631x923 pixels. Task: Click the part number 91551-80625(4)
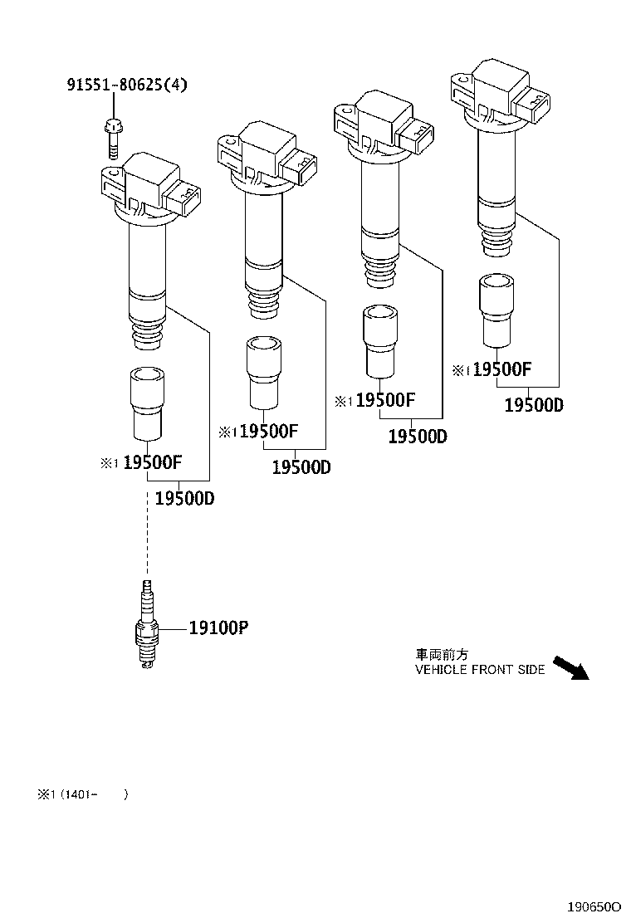pyautogui.click(x=127, y=84)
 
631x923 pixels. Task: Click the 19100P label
pyautogui.click(x=218, y=628)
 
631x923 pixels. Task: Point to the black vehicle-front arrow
pyautogui.click(x=570, y=667)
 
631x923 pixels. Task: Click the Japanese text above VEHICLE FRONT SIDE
pyautogui.click(x=443, y=654)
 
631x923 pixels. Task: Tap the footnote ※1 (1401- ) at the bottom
pyautogui.click(x=82, y=794)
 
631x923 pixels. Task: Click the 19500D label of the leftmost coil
pyautogui.click(x=184, y=499)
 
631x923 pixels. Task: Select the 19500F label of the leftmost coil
pyautogui.click(x=152, y=463)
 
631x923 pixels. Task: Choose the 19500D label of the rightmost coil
pyautogui.click(x=534, y=404)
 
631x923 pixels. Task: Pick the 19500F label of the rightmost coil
pyautogui.click(x=501, y=370)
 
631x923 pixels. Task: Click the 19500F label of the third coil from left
pyautogui.click(x=384, y=401)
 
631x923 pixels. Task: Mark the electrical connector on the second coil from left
pyautogui.click(x=297, y=168)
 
